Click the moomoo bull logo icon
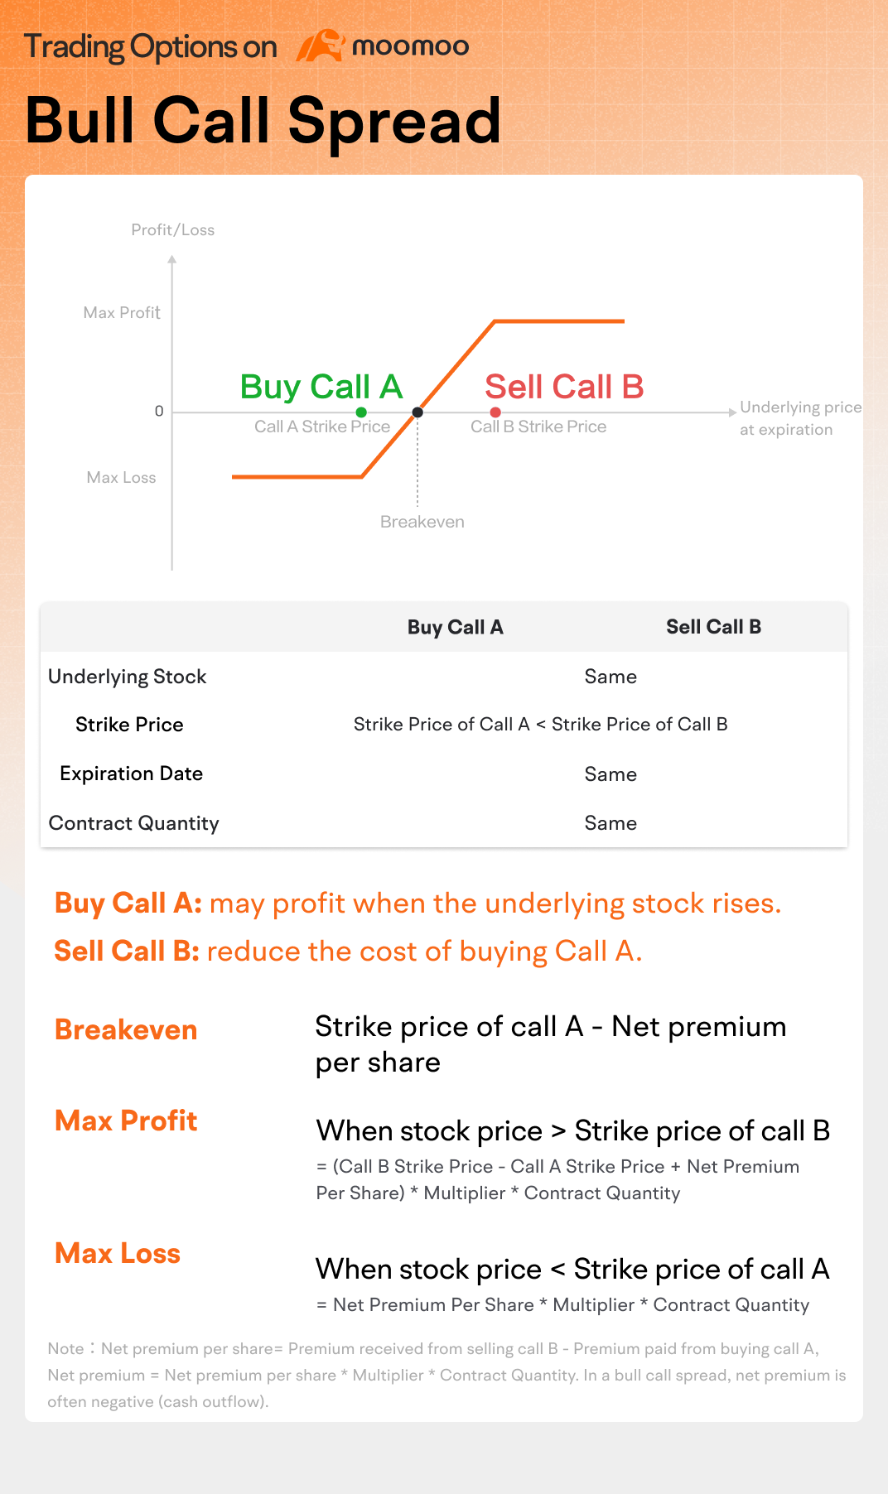321,46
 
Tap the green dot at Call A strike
361,412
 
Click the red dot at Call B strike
495,412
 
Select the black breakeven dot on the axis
417,412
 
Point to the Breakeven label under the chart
422,522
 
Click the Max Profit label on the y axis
122,313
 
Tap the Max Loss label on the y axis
121,478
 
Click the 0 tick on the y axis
159,412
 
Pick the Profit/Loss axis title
172,230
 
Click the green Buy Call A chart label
321,387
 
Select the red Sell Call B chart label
564,387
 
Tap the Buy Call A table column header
455,628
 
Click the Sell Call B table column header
713,627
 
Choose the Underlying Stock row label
127,677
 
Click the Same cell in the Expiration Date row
610,774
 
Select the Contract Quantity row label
133,823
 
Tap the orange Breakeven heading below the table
126,1030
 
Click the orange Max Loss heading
118,1254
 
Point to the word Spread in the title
394,122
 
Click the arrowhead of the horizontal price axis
732,412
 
